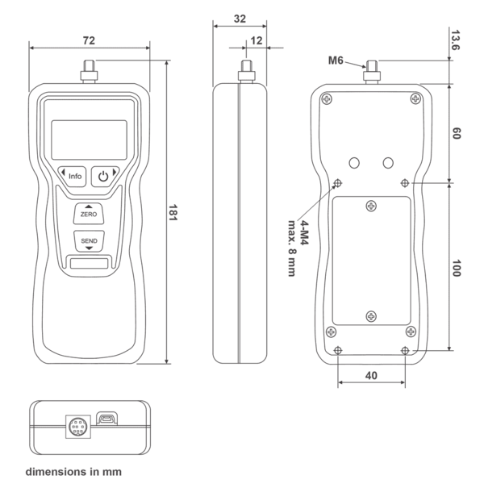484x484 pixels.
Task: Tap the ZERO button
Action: (x=89, y=213)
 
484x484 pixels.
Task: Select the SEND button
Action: (x=89, y=241)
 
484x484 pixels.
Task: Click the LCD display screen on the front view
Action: (x=89, y=140)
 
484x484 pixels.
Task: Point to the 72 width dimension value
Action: (x=89, y=39)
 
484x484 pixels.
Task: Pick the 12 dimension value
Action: (x=257, y=40)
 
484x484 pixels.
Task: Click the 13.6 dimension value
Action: (x=456, y=41)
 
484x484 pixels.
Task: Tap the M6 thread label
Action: (x=336, y=60)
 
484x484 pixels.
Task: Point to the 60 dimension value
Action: (x=456, y=133)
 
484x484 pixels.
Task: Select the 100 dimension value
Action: (x=456, y=269)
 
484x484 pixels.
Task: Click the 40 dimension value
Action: (x=371, y=375)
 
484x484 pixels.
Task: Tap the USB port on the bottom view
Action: (x=107, y=419)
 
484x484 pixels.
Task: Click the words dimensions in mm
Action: (x=73, y=469)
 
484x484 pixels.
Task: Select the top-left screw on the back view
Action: (x=326, y=99)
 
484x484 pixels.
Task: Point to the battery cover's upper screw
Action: (x=371, y=207)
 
